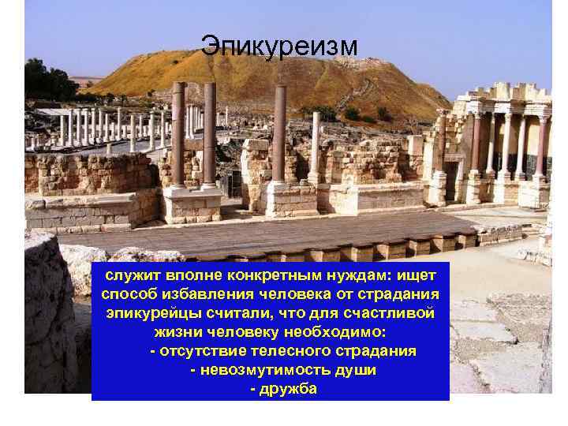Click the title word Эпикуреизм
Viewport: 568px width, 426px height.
278,46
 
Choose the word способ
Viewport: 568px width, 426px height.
130,294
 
